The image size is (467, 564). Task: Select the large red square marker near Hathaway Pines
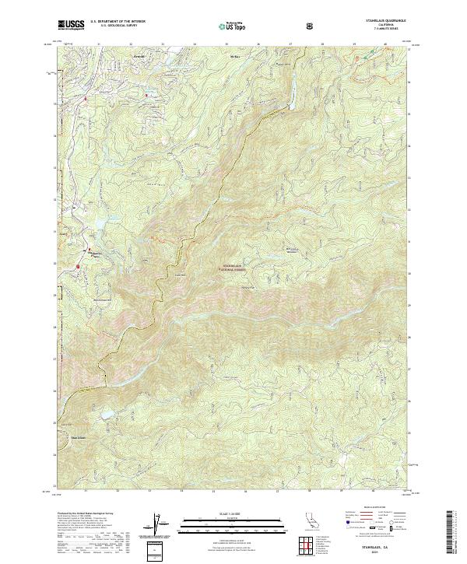pos(79,268)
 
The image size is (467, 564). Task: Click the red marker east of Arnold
pos(146,96)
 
